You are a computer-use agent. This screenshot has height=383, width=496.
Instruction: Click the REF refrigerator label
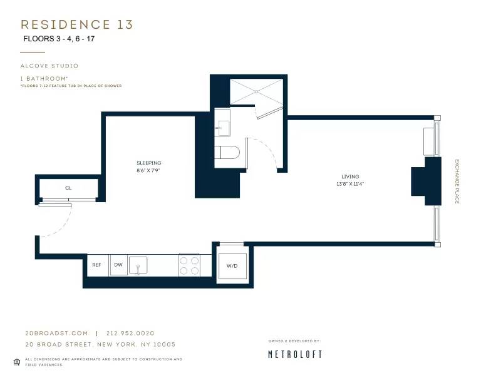pos(96,265)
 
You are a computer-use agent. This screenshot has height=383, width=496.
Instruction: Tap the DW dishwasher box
pos(118,265)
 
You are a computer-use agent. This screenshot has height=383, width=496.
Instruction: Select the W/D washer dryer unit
pos(232,265)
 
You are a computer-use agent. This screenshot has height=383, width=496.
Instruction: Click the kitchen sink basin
pos(138,265)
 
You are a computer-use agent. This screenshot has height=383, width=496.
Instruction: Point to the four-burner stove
pos(189,265)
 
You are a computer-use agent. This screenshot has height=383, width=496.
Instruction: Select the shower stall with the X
pos(257,91)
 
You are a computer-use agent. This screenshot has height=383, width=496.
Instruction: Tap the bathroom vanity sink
pos(222,125)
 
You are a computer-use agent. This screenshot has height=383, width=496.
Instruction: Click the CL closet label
pos(68,188)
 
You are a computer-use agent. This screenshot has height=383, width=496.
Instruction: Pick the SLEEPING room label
pos(149,163)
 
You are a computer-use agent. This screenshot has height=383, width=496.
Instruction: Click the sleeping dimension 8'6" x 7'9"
pos(149,170)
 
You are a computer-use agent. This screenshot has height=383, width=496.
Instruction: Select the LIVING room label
pos(350,177)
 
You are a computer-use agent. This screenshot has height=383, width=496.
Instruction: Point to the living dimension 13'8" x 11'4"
pos(350,184)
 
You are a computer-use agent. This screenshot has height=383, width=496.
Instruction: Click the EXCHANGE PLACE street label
pos(457,181)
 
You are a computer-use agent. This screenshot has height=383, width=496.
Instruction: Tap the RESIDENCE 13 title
pos(77,24)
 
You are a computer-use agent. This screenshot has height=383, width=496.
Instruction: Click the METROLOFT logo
pos(295,354)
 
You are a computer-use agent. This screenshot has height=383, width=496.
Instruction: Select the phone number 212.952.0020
pos(130,333)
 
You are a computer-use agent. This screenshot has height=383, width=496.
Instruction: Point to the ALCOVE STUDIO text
pos(49,66)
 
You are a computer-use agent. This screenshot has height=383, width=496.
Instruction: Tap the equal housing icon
pos(16,361)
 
